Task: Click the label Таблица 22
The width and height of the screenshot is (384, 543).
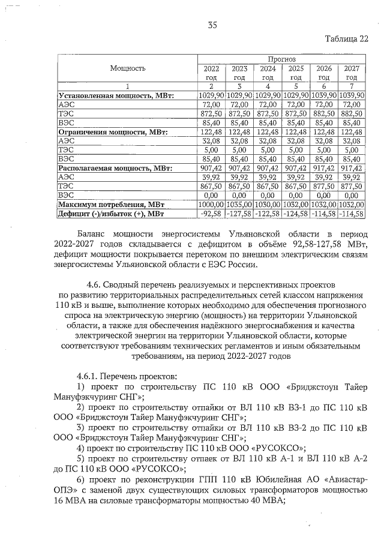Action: click(x=347, y=40)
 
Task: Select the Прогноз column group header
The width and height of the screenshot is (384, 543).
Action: click(x=281, y=60)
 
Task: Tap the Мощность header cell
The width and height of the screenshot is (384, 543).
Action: click(x=128, y=68)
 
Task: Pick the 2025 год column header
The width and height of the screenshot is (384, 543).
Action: click(x=296, y=73)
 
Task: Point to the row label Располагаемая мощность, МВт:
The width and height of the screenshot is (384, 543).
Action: click(x=114, y=169)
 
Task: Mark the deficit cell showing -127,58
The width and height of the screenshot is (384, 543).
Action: click(x=239, y=214)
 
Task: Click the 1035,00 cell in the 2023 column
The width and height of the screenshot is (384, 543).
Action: click(x=239, y=205)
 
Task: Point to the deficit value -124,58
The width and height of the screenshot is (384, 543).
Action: click(x=296, y=214)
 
